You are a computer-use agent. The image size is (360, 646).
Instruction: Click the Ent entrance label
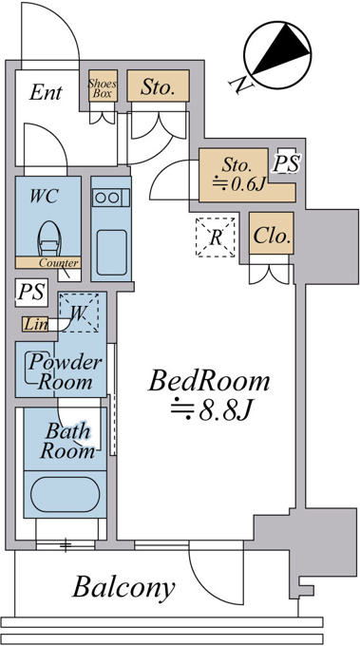(x=46, y=93)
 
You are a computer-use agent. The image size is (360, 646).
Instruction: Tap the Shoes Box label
(x=103, y=88)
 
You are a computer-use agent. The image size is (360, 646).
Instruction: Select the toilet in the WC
(x=49, y=239)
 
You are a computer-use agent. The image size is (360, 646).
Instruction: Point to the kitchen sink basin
(x=112, y=252)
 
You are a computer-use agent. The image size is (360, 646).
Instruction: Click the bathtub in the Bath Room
(x=66, y=494)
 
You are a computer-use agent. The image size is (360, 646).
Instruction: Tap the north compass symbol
(x=277, y=55)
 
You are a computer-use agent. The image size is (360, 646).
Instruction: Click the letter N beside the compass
(x=241, y=85)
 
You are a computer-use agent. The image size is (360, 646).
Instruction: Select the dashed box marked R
(x=216, y=237)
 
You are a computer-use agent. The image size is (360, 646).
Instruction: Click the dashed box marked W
(x=79, y=313)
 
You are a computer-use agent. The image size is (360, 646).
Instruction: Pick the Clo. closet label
(x=271, y=236)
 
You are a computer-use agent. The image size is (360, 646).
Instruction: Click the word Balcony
(x=124, y=587)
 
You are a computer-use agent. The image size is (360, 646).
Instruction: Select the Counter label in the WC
(x=59, y=263)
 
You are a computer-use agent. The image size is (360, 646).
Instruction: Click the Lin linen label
(x=35, y=325)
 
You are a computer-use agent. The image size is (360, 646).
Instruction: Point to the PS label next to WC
(x=31, y=292)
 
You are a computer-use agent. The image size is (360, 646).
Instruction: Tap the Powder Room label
(x=65, y=371)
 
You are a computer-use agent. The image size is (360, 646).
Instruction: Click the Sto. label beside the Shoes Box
(x=157, y=86)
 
